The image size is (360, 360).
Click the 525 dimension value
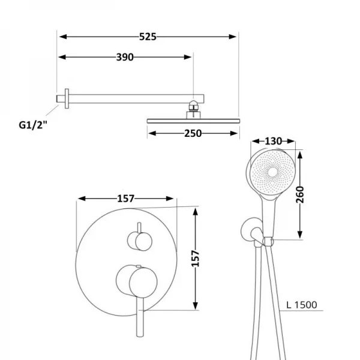[148, 37]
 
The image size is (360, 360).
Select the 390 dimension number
[125, 57]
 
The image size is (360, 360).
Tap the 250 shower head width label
[193, 133]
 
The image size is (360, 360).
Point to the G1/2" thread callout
[33, 125]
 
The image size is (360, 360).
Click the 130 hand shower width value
[273, 141]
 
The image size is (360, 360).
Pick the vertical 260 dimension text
[299, 194]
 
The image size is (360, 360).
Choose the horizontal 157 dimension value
[125, 199]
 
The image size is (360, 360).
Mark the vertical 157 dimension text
[196, 259]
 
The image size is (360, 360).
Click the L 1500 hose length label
[302, 305]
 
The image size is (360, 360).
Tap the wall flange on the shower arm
[67, 98]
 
